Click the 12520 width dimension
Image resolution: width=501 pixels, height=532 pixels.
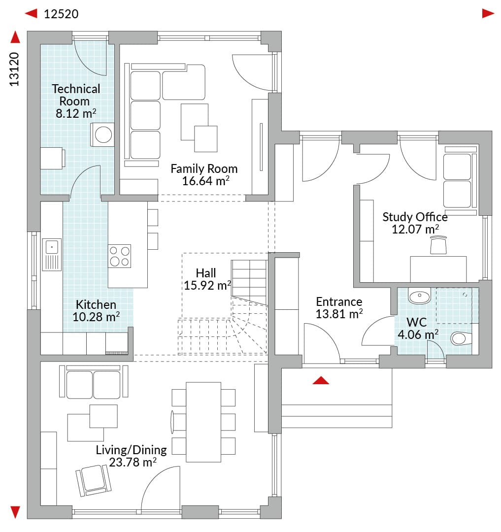click(x=61, y=14)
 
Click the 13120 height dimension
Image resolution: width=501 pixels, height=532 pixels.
click(x=14, y=69)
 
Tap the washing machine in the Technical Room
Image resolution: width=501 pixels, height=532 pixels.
click(x=102, y=134)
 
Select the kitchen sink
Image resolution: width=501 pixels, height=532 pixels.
click(x=52, y=255)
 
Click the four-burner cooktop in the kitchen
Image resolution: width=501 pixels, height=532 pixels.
click(x=119, y=256)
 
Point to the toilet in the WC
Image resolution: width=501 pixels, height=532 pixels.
click(x=461, y=338)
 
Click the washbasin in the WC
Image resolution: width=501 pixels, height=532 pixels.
click(x=420, y=296)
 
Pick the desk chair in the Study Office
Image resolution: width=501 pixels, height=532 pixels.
click(x=438, y=245)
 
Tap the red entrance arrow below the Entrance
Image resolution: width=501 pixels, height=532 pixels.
click(x=321, y=380)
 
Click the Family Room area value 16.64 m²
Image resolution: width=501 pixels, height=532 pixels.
click(x=205, y=181)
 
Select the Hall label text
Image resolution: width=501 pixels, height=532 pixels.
click(x=205, y=273)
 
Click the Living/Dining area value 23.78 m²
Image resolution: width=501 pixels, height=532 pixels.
click(x=133, y=462)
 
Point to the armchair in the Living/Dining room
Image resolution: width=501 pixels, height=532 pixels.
click(x=94, y=480)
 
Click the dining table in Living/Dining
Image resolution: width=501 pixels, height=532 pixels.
click(x=203, y=422)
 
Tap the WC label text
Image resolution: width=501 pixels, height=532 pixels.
click(x=417, y=322)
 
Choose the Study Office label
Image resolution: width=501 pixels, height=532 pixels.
click(x=415, y=217)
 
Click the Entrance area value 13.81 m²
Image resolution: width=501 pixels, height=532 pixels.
click(x=339, y=314)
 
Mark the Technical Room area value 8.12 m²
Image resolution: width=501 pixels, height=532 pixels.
click(x=76, y=113)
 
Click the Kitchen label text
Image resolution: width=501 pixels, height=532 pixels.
click(x=96, y=304)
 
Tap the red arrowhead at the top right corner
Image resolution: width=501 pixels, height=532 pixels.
click(x=488, y=13)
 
